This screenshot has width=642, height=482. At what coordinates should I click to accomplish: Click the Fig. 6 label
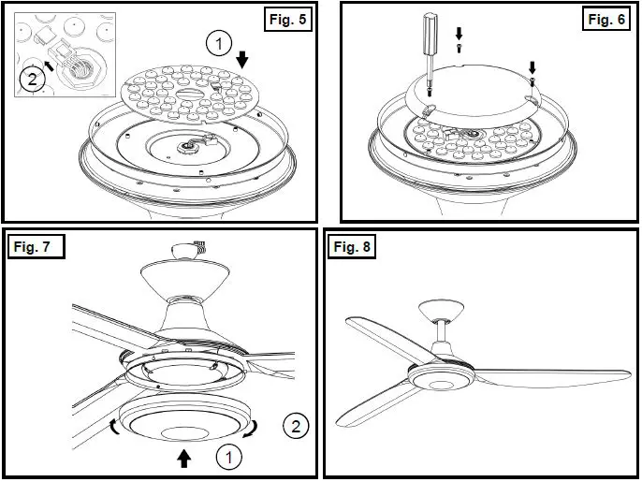coord(606,19)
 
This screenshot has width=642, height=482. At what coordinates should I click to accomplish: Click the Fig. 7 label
coord(36,246)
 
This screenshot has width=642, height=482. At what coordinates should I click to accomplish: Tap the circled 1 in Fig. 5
coord(216,43)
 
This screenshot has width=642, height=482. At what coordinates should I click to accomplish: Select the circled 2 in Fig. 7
coord(295,428)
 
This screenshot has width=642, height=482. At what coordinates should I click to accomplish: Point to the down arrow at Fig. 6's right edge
coord(533,68)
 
